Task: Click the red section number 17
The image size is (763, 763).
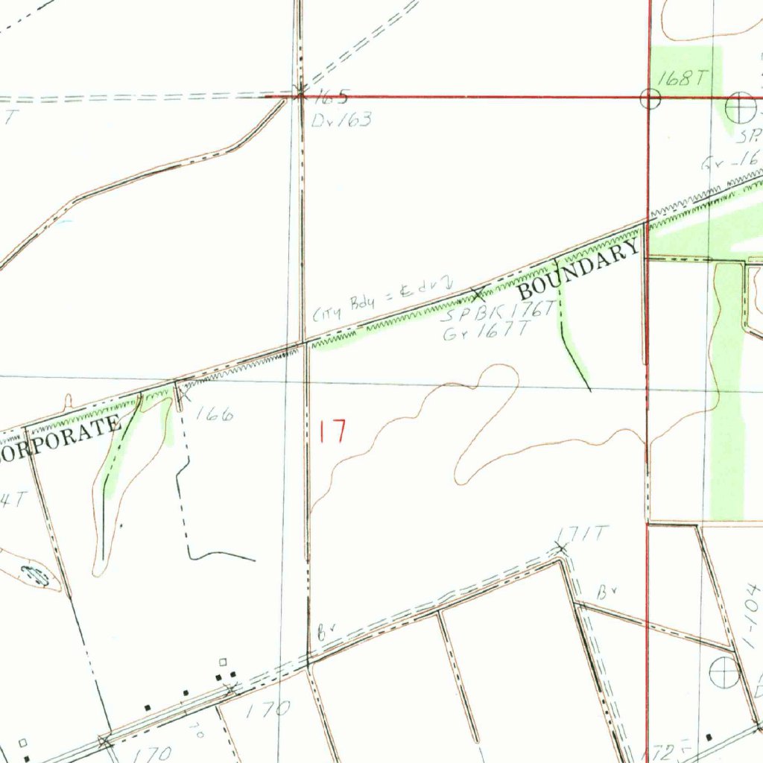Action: [x=333, y=431]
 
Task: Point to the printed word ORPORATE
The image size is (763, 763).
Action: [x=60, y=437]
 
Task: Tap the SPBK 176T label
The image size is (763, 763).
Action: [x=498, y=313]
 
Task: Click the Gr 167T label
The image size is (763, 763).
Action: [x=486, y=332]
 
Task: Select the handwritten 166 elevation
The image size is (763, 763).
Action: [x=215, y=414]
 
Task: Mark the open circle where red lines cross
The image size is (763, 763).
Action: [x=650, y=98]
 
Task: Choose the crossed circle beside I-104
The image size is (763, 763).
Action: [x=725, y=673]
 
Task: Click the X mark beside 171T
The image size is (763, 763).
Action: [x=562, y=549]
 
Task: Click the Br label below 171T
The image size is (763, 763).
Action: [x=606, y=593]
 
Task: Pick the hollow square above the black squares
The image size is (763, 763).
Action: [x=222, y=662]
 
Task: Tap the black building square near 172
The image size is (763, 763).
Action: [x=709, y=738]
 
